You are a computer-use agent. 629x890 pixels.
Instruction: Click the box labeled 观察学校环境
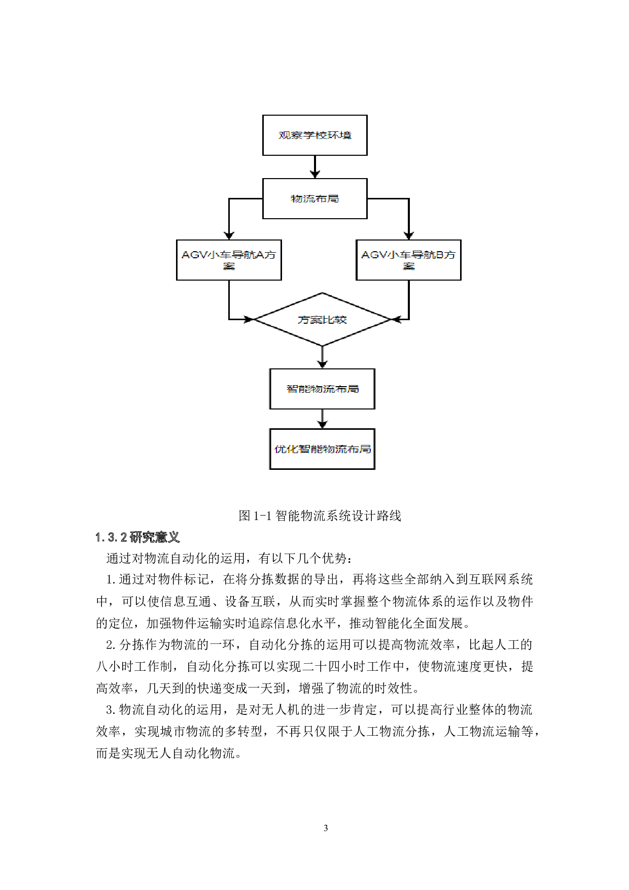(314, 135)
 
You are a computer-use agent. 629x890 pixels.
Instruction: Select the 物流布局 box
(314, 198)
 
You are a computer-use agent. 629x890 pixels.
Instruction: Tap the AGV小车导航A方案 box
(229, 260)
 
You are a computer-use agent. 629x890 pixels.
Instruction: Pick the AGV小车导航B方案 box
(408, 260)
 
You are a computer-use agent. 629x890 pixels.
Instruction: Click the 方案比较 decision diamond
(322, 320)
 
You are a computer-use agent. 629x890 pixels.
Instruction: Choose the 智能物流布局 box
(322, 389)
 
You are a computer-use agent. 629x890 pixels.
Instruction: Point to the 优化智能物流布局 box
(322, 449)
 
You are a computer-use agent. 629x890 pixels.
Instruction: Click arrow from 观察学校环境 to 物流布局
(315, 166)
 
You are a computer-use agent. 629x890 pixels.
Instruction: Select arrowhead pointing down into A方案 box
(229, 235)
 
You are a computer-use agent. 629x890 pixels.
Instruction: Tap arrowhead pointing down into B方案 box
(409, 235)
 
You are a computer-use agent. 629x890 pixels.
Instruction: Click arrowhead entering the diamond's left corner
(249, 319)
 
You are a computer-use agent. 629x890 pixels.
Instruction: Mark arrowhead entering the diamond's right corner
(396, 319)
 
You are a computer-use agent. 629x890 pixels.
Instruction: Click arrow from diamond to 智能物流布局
(322, 357)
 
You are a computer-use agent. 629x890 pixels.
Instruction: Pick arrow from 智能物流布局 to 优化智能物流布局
(322, 419)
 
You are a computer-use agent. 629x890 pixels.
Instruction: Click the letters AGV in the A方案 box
(194, 255)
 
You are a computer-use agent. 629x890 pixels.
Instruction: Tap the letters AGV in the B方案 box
(374, 255)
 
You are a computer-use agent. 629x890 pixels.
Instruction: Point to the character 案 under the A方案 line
(229, 266)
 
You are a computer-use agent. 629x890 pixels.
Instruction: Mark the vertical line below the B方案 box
(409, 299)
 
